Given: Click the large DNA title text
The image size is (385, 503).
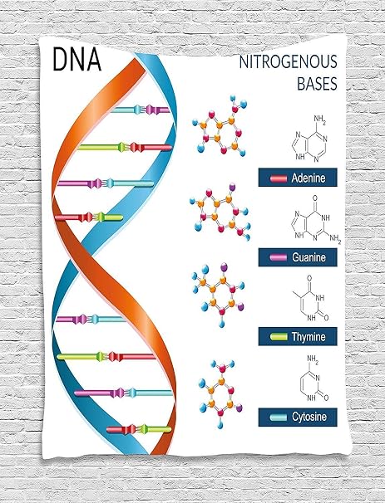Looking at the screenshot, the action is click(77, 59).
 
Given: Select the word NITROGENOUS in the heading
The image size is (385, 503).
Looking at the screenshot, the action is click(288, 62).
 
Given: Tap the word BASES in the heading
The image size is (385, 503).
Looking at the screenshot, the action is click(317, 83).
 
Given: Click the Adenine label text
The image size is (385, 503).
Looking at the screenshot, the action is click(308, 178).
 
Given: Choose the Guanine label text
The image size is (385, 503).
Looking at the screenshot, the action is click(308, 257).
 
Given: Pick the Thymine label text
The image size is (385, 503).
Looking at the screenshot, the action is click(308, 336).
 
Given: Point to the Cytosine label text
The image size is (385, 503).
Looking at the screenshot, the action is click(309, 417).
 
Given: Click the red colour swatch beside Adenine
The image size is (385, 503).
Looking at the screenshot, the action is click(279, 178).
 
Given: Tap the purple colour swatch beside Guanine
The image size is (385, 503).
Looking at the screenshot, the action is click(279, 257).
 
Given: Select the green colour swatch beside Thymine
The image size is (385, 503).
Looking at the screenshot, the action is click(279, 336).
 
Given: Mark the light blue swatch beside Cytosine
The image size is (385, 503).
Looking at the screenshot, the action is click(279, 417).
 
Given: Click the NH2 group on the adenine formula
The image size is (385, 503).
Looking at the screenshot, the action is click(320, 120).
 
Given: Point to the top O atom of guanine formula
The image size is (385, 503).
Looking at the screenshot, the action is click(314, 198).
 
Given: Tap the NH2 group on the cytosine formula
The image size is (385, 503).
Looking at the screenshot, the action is click(313, 359).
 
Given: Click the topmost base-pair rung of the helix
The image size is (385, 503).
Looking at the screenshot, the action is click(141, 110).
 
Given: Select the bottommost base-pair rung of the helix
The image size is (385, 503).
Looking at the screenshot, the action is click(139, 429).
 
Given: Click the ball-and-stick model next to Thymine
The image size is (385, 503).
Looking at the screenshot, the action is click(218, 295).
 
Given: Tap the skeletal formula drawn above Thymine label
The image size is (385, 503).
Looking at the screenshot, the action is click(310, 298).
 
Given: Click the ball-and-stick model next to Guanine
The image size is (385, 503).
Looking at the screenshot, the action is click(220, 212).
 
